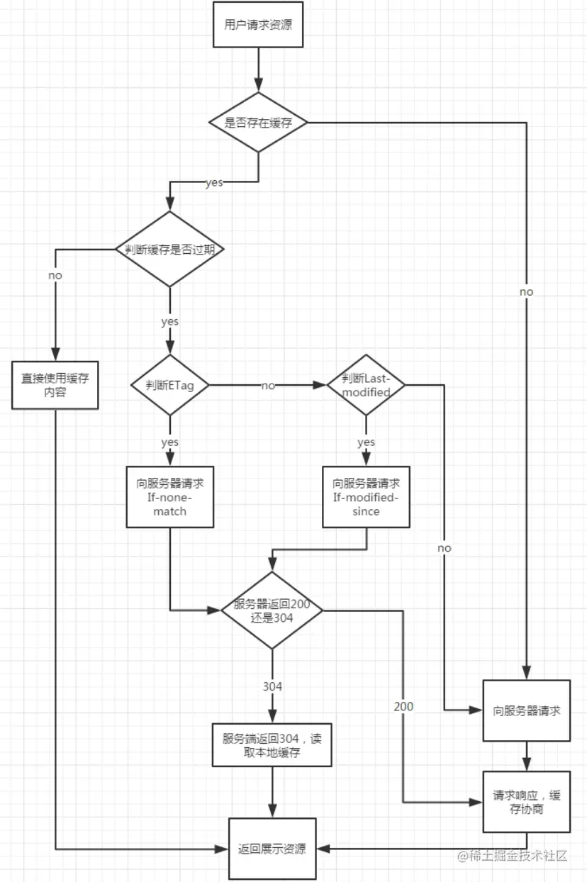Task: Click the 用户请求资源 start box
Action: tap(258, 24)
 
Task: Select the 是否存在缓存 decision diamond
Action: tap(258, 123)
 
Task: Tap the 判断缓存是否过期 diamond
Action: tap(169, 249)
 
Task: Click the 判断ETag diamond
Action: tap(169, 385)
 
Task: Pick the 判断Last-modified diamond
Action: tap(366, 385)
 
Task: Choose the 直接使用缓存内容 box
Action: tap(55, 385)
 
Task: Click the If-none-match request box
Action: tap(169, 497)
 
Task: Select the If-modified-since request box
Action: tap(366, 497)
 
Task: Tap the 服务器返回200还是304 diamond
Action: tap(272, 610)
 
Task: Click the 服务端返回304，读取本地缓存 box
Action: tap(272, 745)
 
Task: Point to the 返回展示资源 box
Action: tap(272, 849)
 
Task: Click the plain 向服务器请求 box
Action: tap(527, 710)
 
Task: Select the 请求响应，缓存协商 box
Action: tap(527, 802)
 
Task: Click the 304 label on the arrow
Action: tap(272, 687)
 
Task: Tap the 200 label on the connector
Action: tap(403, 706)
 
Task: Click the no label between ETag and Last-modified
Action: tap(268, 386)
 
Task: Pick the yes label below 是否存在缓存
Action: tap(214, 183)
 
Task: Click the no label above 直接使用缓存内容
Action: tap(55, 275)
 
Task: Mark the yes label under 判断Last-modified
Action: tap(366, 442)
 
